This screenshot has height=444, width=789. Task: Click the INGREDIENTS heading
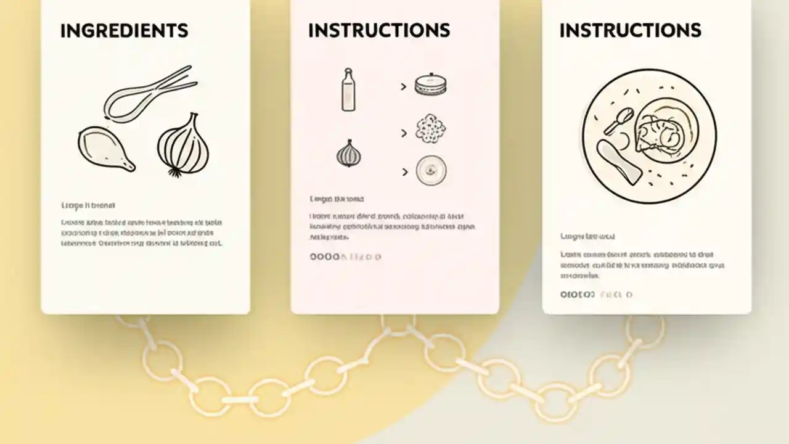124,30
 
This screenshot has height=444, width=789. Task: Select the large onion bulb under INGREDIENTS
183,144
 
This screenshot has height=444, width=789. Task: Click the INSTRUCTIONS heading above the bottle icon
378,30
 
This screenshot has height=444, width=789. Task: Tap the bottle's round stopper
348,72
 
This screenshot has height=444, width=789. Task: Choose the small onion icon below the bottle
349,153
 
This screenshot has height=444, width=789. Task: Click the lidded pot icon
430,86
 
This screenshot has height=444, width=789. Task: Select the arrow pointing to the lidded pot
404,87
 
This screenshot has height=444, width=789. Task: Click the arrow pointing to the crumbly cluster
404,133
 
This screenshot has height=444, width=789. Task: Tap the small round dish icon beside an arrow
431,171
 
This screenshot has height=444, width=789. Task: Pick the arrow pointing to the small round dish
404,173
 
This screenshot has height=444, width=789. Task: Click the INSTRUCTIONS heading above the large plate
630,30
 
